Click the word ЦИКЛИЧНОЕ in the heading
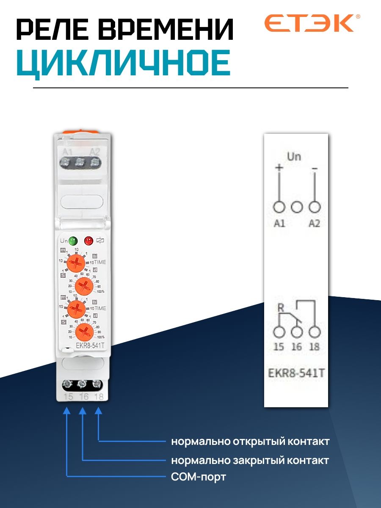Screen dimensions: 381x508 pyautogui.click(x=123, y=64)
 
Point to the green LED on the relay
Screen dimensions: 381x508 pyautogui.click(x=73, y=241)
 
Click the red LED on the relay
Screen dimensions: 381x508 pyautogui.click(x=88, y=241)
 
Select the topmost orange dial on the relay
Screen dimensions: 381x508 pyautogui.click(x=76, y=265)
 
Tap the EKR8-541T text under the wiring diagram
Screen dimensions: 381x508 pyautogui.click(x=296, y=374)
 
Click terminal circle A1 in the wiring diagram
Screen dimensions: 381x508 pyautogui.click(x=279, y=207)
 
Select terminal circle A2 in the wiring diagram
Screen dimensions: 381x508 pyautogui.click(x=314, y=207)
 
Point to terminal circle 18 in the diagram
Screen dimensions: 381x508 pyautogui.click(x=314, y=331)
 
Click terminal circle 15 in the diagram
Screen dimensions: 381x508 pyautogui.click(x=279, y=331)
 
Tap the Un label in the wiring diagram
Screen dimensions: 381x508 pyautogui.click(x=294, y=157)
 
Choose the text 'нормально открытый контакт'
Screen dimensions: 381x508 pyautogui.click(x=250, y=442)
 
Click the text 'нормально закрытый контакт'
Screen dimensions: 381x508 pyautogui.click(x=250, y=460)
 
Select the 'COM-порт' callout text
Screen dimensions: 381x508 pyautogui.click(x=199, y=477)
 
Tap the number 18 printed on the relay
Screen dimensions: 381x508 pyautogui.click(x=99, y=397)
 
